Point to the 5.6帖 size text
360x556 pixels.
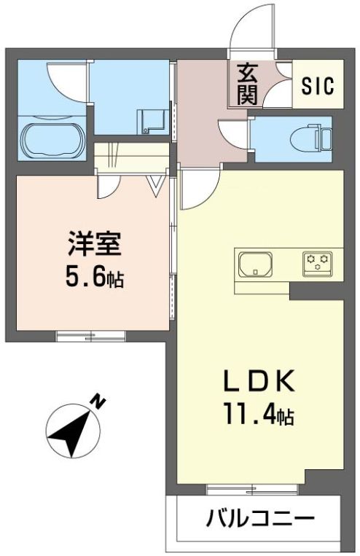pos(93,276)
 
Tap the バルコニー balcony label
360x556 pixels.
pos(260,520)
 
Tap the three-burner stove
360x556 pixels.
pos(318,261)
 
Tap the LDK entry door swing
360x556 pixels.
pos(197,186)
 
